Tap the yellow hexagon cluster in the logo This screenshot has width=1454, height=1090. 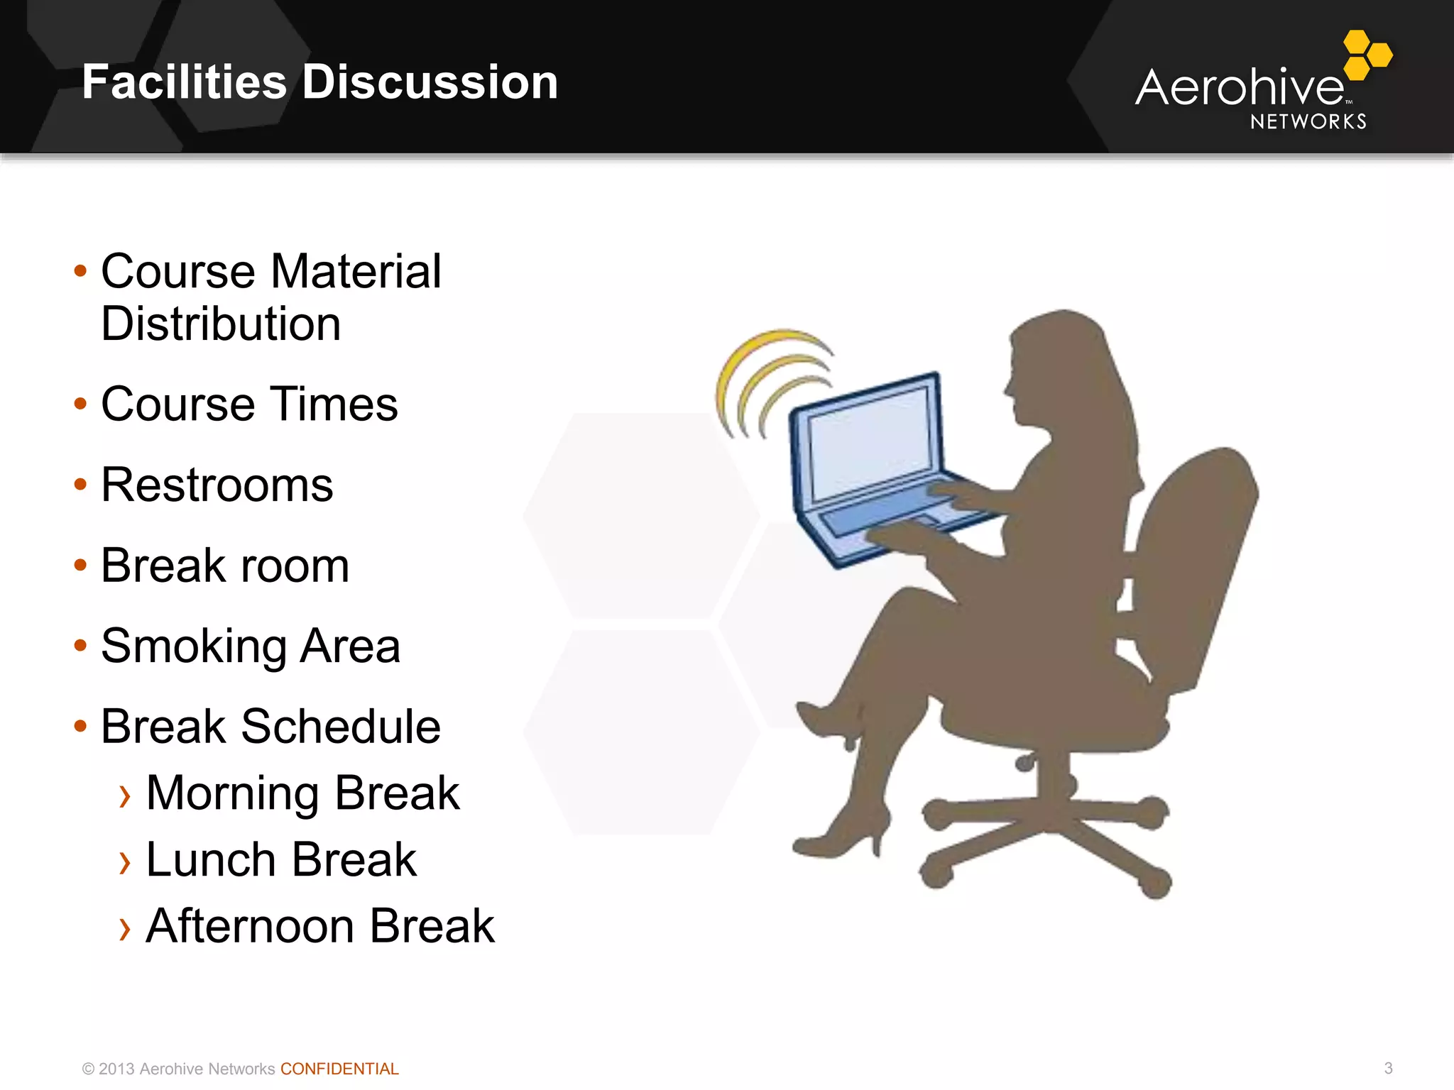point(1367,55)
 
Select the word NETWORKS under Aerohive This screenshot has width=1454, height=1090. point(1308,122)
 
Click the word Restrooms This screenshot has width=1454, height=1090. point(217,485)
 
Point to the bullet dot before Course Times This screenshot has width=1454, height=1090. point(80,404)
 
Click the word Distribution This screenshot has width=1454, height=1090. point(221,324)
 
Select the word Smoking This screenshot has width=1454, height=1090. point(193,646)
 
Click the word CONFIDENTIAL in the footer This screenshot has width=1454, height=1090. point(339,1069)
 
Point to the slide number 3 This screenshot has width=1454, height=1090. point(1388,1068)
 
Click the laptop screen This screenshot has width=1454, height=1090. point(870,441)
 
